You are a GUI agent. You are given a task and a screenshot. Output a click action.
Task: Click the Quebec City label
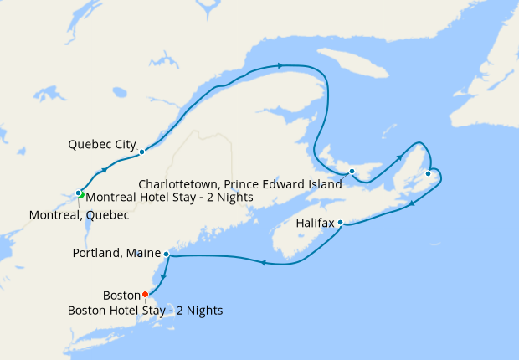[101, 144]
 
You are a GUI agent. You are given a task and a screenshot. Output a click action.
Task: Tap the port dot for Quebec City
[142, 152]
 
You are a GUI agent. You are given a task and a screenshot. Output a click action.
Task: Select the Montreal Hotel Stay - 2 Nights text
[170, 198]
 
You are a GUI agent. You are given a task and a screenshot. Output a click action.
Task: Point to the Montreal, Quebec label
[79, 215]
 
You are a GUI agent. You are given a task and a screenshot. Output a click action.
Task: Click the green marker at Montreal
[82, 195]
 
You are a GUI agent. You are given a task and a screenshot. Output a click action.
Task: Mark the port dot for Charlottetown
[352, 172]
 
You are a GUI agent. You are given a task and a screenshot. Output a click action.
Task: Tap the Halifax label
[315, 224]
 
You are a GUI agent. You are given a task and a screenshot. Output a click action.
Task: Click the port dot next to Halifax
[340, 223]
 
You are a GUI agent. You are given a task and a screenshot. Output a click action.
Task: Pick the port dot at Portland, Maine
[167, 253]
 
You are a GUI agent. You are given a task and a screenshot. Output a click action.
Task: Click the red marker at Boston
[145, 294]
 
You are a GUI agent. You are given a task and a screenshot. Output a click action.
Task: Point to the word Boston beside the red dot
[120, 295]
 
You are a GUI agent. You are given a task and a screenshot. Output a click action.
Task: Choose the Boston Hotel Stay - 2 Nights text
[145, 311]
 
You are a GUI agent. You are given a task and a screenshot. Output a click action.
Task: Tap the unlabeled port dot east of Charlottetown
[428, 173]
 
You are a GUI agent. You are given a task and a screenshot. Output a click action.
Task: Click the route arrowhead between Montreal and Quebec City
[105, 170]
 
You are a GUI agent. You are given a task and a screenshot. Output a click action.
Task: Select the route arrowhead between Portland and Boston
[163, 279]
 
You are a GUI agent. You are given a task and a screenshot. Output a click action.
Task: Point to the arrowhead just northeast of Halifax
[411, 203]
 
